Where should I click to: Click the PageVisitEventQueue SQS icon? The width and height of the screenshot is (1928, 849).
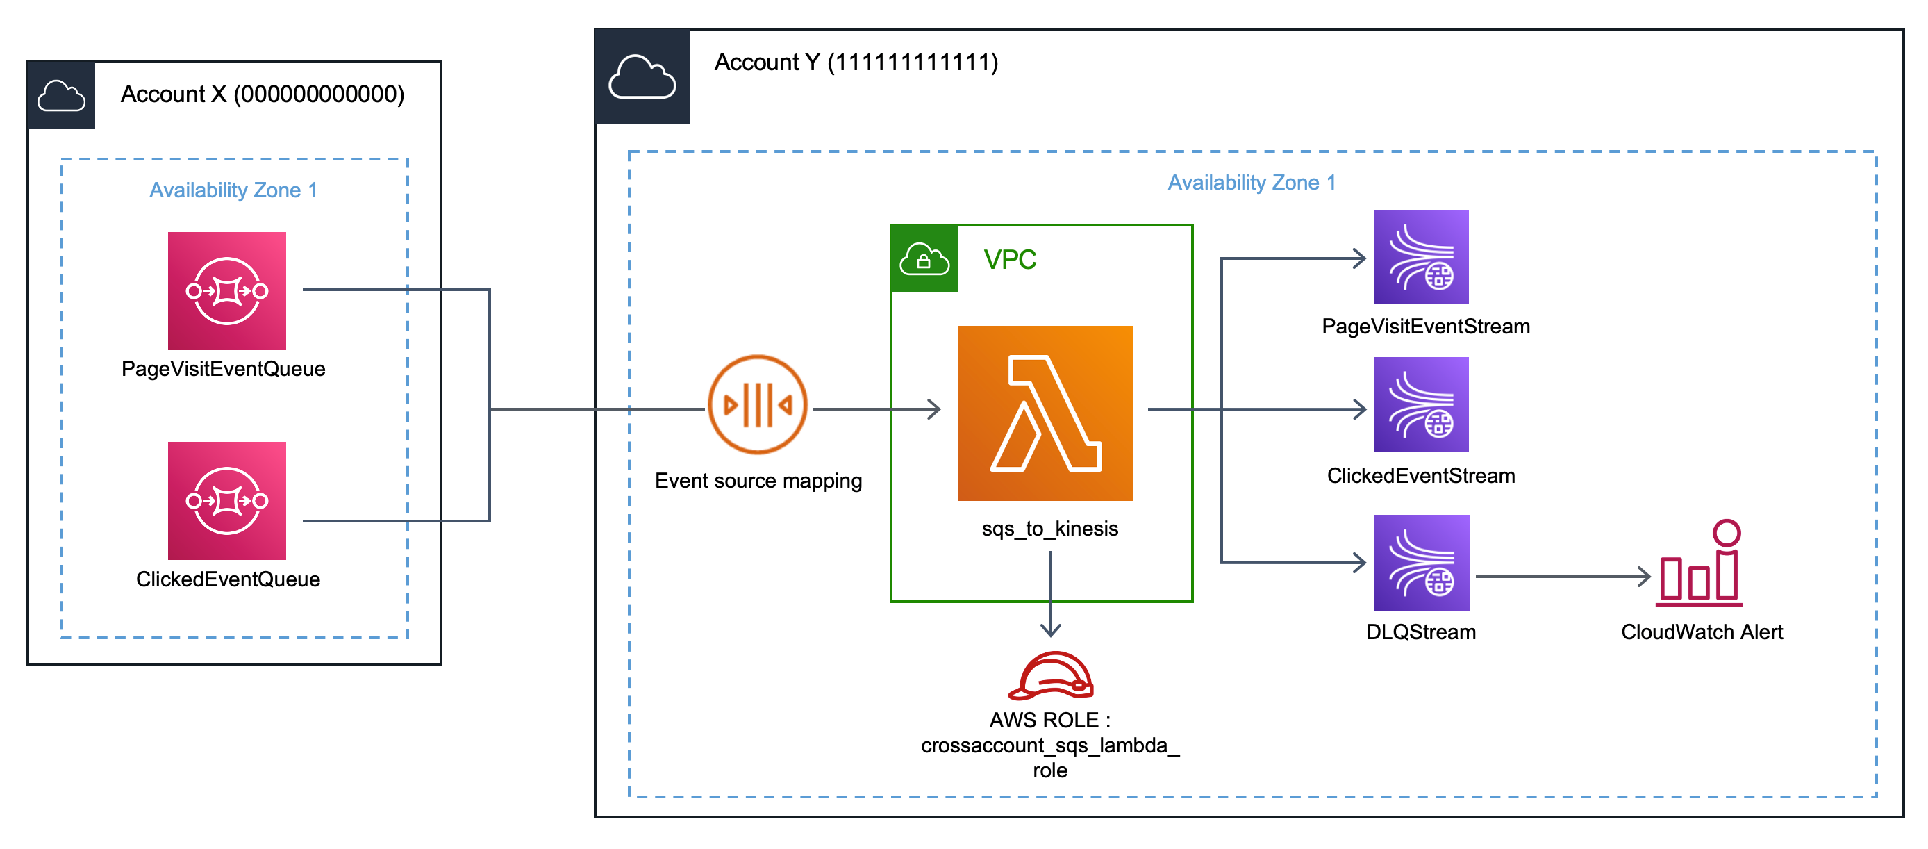227,290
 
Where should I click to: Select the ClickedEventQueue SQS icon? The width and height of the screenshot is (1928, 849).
227,500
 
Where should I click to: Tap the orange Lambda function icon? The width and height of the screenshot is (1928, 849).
1045,413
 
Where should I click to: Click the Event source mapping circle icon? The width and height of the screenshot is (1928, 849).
758,404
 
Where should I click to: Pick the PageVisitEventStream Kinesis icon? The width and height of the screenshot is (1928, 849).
1420,257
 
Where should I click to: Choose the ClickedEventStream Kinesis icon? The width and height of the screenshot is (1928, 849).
1420,404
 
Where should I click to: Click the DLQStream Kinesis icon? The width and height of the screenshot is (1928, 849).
1420,562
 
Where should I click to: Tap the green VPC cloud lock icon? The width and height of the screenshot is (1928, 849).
924,259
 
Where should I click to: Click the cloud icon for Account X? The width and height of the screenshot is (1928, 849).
61,96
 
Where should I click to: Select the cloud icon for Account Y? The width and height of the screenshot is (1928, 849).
642,76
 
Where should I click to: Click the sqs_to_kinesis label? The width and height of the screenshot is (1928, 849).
1049,529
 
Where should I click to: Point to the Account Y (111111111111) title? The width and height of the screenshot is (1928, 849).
856,62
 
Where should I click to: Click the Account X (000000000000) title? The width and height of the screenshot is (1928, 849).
262,94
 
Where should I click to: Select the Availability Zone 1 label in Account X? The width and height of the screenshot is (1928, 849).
233,190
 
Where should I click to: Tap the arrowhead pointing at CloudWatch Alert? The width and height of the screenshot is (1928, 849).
1645,577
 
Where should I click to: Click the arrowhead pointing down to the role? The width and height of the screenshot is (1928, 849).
1051,629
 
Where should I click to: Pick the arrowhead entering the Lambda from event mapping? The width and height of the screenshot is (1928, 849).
934,409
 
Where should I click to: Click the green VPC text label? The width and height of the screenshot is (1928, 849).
1010,260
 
